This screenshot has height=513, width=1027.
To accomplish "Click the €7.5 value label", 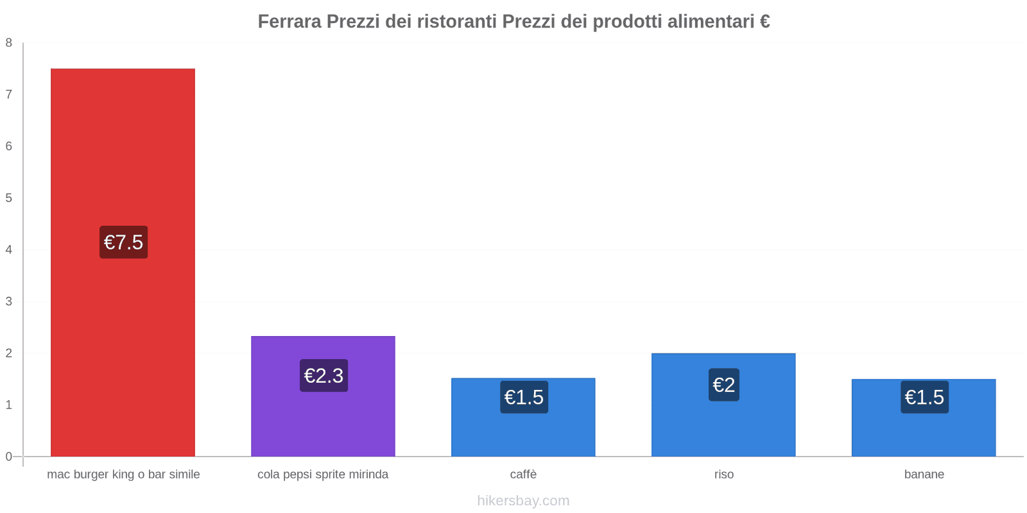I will pos(123,242).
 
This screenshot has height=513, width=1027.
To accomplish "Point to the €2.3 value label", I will pos(324,376).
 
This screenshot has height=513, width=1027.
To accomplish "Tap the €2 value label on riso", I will pos(723,385).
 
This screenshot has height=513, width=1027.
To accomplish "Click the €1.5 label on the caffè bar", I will pos(524,398).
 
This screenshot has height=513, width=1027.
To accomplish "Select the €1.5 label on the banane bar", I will pos(924,398).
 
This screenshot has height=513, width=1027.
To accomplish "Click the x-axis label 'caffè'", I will pos(523,475).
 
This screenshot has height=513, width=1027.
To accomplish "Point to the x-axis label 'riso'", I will pos(723,475).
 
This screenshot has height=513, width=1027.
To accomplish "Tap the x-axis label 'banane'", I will pos(924,475).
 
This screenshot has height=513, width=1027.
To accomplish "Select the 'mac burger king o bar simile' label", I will pos(123,475).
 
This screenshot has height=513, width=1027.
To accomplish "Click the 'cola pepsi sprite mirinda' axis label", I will pos(323,475).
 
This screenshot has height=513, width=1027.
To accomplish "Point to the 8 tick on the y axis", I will pos(9,43).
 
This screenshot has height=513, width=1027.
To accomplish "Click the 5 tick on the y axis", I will pos(9,198).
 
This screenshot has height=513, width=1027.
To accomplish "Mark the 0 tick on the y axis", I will pos(9,457).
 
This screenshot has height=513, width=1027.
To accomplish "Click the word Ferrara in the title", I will pos(289,22).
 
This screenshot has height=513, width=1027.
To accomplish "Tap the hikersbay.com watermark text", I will pos(523,501).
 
